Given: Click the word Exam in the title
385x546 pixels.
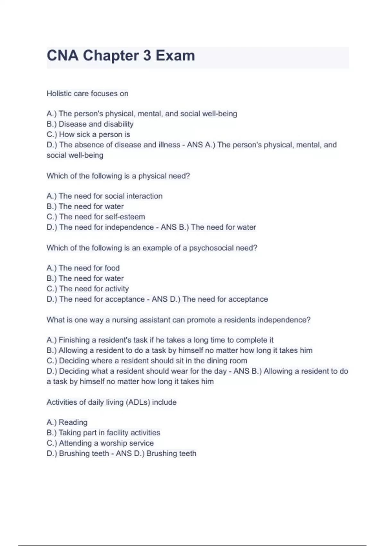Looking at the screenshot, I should pyautogui.click(x=175, y=56).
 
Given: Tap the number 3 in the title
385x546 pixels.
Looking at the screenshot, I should pyautogui.click(x=147, y=56).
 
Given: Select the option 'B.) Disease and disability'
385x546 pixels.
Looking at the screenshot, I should pyautogui.click(x=90, y=124).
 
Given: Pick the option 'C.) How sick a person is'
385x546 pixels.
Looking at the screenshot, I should pyautogui.click(x=88, y=134).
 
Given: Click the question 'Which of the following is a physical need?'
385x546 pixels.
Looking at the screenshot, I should pyautogui.click(x=118, y=176).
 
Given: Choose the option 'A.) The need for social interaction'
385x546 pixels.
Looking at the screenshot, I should pyautogui.click(x=104, y=196).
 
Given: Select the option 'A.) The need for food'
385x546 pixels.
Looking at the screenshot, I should pyautogui.click(x=83, y=268).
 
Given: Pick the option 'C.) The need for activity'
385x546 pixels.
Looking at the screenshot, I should pyautogui.click(x=88, y=289).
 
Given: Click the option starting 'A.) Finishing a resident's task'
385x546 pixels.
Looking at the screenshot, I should pyautogui.click(x=160, y=340).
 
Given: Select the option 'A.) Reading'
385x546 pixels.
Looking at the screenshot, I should pyautogui.click(x=67, y=422).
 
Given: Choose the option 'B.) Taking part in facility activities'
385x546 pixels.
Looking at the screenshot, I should pyautogui.click(x=103, y=433).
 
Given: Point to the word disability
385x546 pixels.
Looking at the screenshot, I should pyautogui.click(x=118, y=124).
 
